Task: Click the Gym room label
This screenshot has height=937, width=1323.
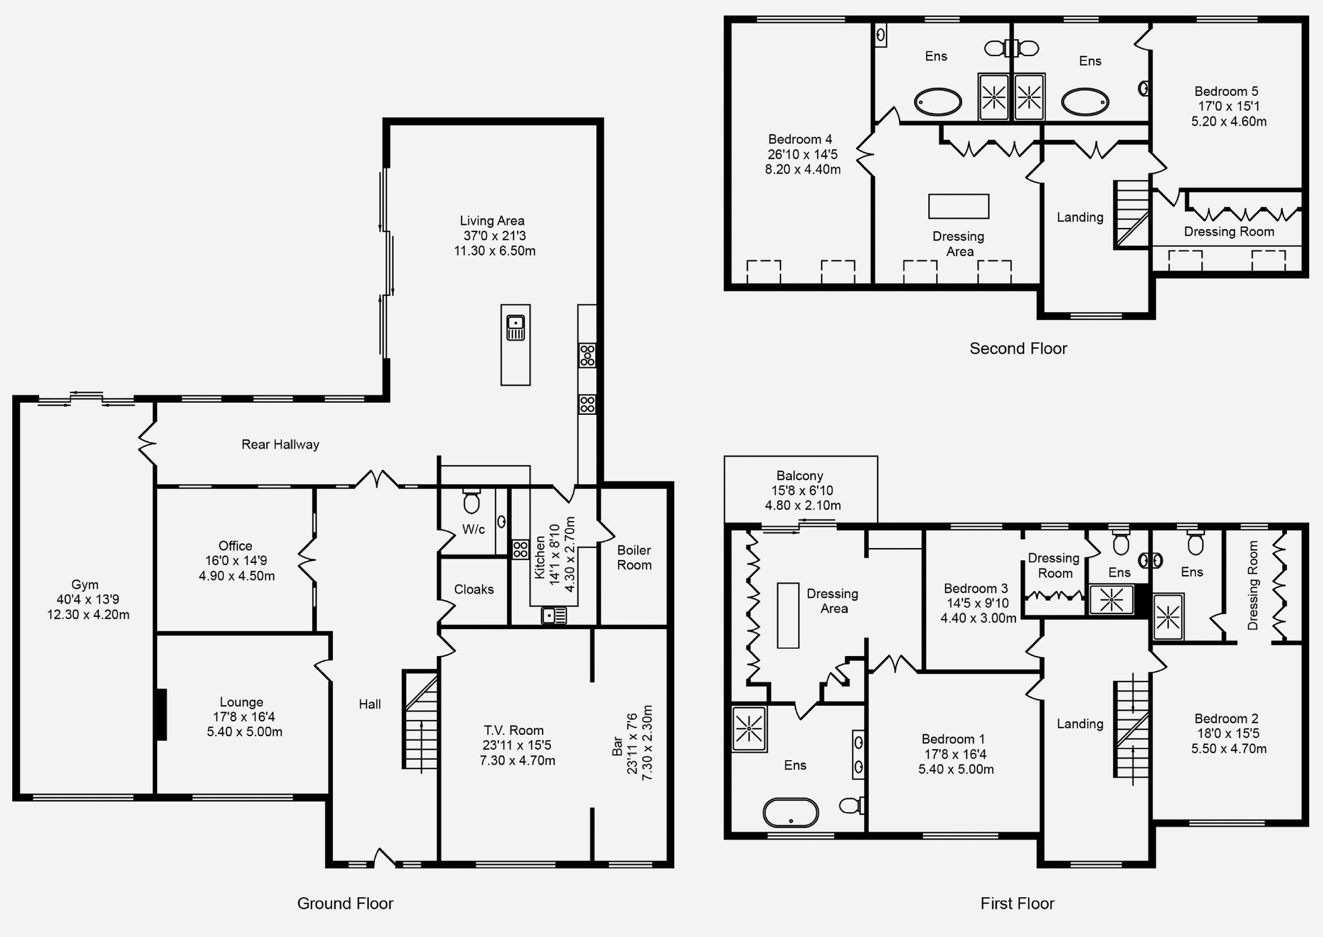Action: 85,584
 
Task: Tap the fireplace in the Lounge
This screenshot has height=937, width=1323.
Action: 161,714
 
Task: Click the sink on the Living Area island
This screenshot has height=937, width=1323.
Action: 515,328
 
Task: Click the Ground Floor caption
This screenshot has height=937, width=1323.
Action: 345,903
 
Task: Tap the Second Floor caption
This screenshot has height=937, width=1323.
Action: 1018,349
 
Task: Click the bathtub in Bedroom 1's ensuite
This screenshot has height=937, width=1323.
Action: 791,813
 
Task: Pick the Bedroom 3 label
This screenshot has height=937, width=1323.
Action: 976,588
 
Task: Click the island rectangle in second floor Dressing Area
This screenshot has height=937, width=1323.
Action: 958,206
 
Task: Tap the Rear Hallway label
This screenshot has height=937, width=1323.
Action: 280,445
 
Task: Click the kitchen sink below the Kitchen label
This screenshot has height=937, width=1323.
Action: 553,616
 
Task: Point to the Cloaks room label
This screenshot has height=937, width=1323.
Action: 474,589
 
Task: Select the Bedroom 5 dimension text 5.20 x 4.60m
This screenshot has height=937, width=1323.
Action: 1229,122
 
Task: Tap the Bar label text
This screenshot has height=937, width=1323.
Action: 617,745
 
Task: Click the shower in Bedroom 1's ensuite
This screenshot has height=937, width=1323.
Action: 749,729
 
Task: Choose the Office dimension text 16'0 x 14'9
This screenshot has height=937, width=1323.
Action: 236,561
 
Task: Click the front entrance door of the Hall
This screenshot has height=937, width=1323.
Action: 384,859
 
